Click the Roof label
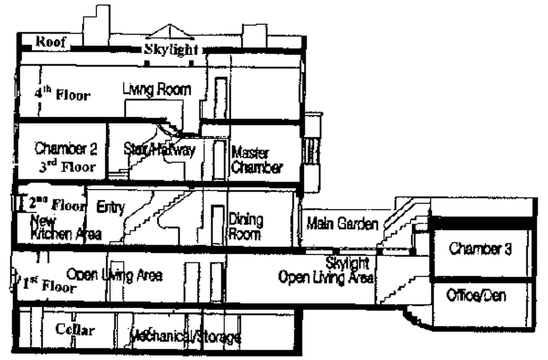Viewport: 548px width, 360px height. coord(50,42)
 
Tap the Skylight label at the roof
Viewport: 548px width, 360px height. coord(171,49)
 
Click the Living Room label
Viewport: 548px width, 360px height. coord(157,90)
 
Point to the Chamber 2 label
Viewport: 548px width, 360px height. coord(66,148)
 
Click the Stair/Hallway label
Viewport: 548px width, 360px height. coord(159,150)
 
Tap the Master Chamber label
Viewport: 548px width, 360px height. coord(257,160)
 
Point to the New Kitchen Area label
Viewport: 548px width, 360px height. coord(65,228)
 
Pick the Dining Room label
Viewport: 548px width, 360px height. coord(246,227)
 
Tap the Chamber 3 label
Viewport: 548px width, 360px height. coord(480,248)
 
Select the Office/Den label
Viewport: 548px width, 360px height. coord(476,295)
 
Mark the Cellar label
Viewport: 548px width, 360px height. coord(75,329)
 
